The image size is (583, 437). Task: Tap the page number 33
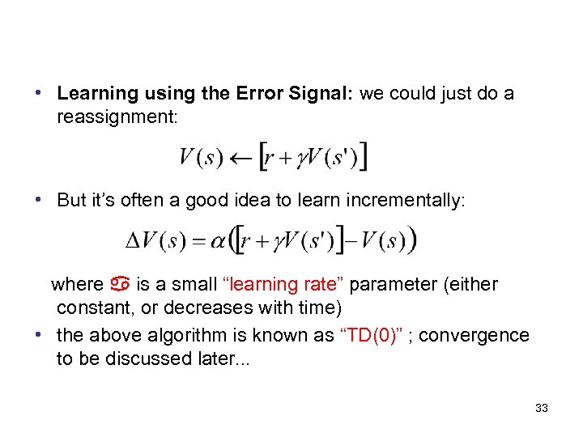coord(542,408)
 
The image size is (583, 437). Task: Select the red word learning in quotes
coord(262,285)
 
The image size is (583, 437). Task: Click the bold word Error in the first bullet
coord(260,94)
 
